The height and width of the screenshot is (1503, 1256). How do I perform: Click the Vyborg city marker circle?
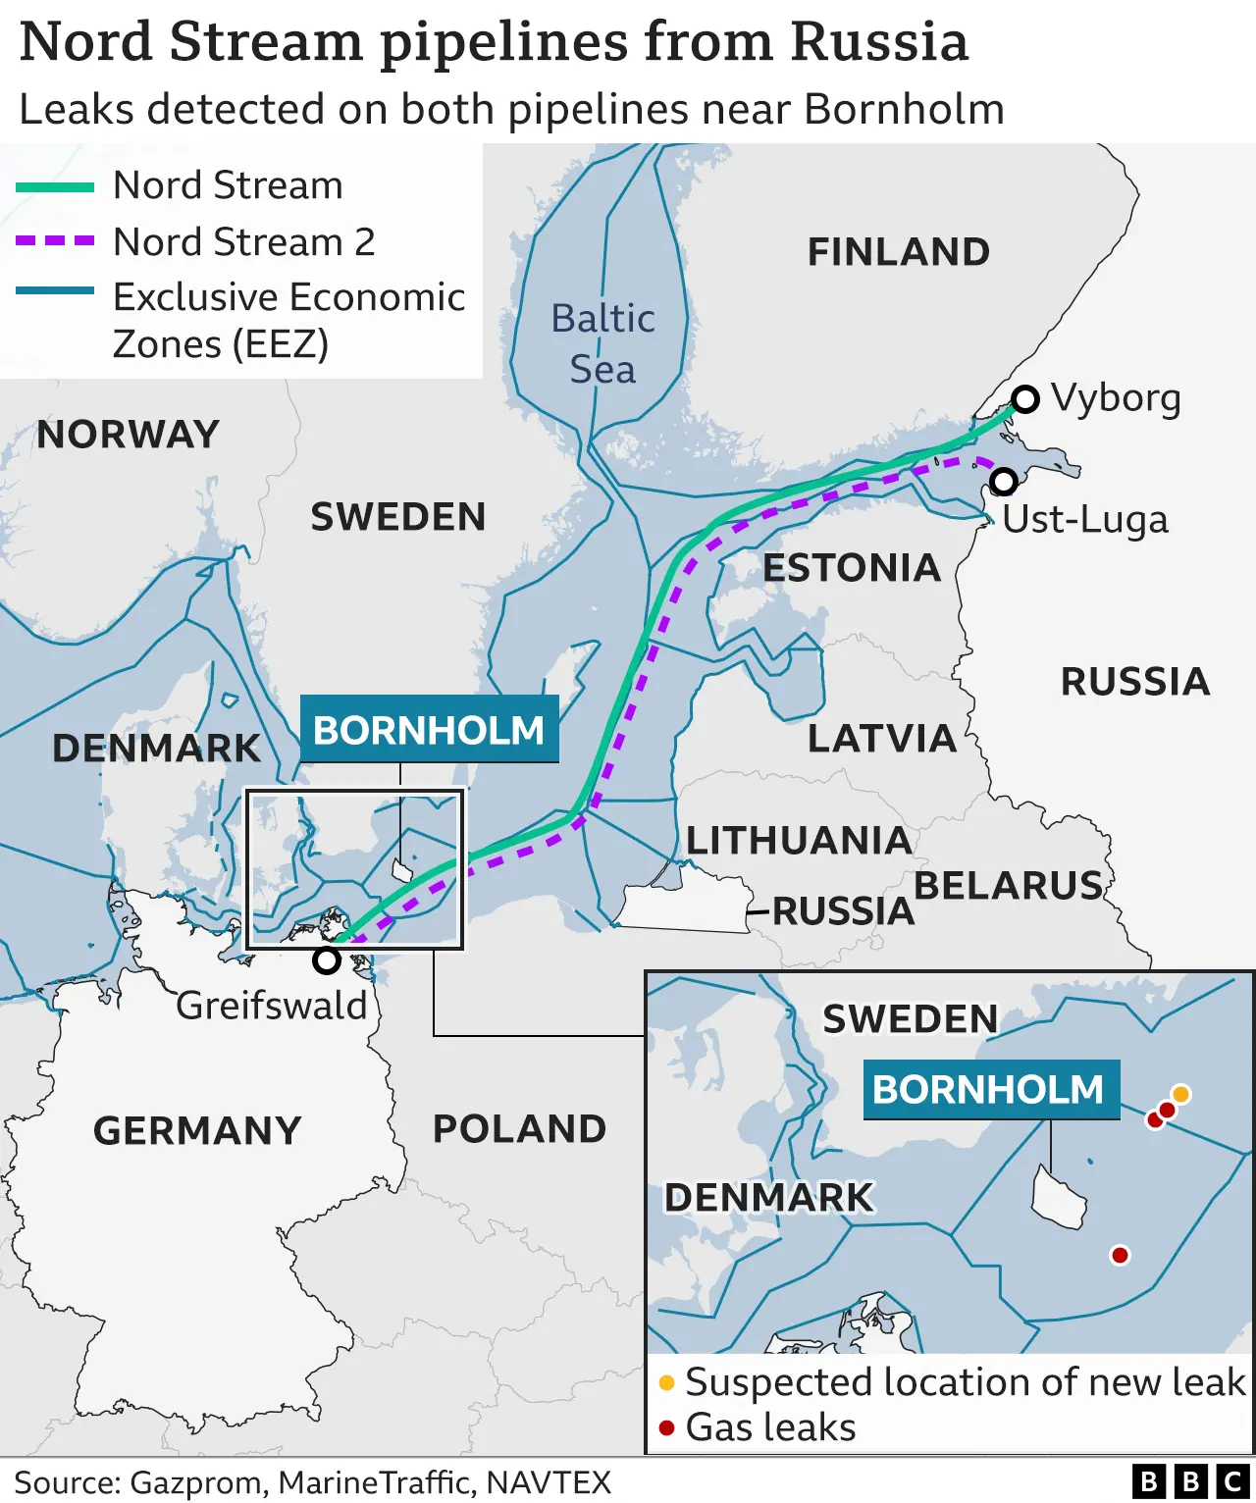coord(1025,399)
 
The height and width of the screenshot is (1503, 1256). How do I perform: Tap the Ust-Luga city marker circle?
coord(1003,481)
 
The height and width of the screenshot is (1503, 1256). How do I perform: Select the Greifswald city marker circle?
coord(326,960)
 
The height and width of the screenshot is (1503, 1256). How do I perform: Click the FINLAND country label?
coord(898,252)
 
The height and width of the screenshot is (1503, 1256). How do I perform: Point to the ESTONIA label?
coord(852,568)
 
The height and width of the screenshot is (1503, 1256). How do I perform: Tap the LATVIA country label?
coord(881,739)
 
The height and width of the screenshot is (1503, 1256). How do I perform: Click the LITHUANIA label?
coord(799,841)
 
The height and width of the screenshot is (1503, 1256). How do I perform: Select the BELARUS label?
coord(1008,886)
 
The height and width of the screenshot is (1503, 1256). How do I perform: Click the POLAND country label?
coord(519,1129)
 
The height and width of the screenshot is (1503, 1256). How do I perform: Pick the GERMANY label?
coord(197,1131)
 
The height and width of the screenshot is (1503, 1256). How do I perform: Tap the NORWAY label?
coord(128,435)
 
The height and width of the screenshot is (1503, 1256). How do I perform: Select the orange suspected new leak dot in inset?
coord(1181,1094)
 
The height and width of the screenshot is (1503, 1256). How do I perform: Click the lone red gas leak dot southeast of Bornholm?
coord(1120,1255)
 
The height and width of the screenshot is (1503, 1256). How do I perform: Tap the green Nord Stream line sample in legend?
coord(55,186)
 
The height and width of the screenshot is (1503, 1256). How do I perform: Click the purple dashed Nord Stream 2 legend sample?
coord(55,240)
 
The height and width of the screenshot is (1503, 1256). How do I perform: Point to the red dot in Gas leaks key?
coord(667,1427)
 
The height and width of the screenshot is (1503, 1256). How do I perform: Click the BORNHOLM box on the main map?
coord(429,730)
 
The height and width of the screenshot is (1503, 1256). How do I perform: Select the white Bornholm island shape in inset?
coord(1058,1198)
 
